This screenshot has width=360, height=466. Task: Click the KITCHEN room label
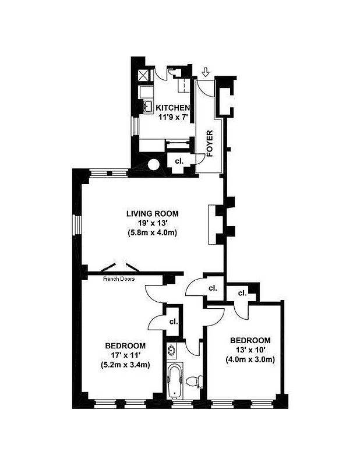172,108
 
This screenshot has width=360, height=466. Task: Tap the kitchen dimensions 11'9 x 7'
172,118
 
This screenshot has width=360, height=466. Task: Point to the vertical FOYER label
210,145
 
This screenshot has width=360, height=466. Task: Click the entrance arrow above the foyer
206,73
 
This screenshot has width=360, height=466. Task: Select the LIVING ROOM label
152,213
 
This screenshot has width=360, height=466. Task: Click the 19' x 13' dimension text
152,223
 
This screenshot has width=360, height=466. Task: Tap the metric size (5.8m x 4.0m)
152,233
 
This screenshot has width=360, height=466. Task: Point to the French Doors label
119,279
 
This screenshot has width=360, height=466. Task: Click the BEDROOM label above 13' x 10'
250,340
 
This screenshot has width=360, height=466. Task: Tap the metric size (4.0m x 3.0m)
250,359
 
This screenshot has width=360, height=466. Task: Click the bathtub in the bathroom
175,380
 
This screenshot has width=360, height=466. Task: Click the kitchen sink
147,107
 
